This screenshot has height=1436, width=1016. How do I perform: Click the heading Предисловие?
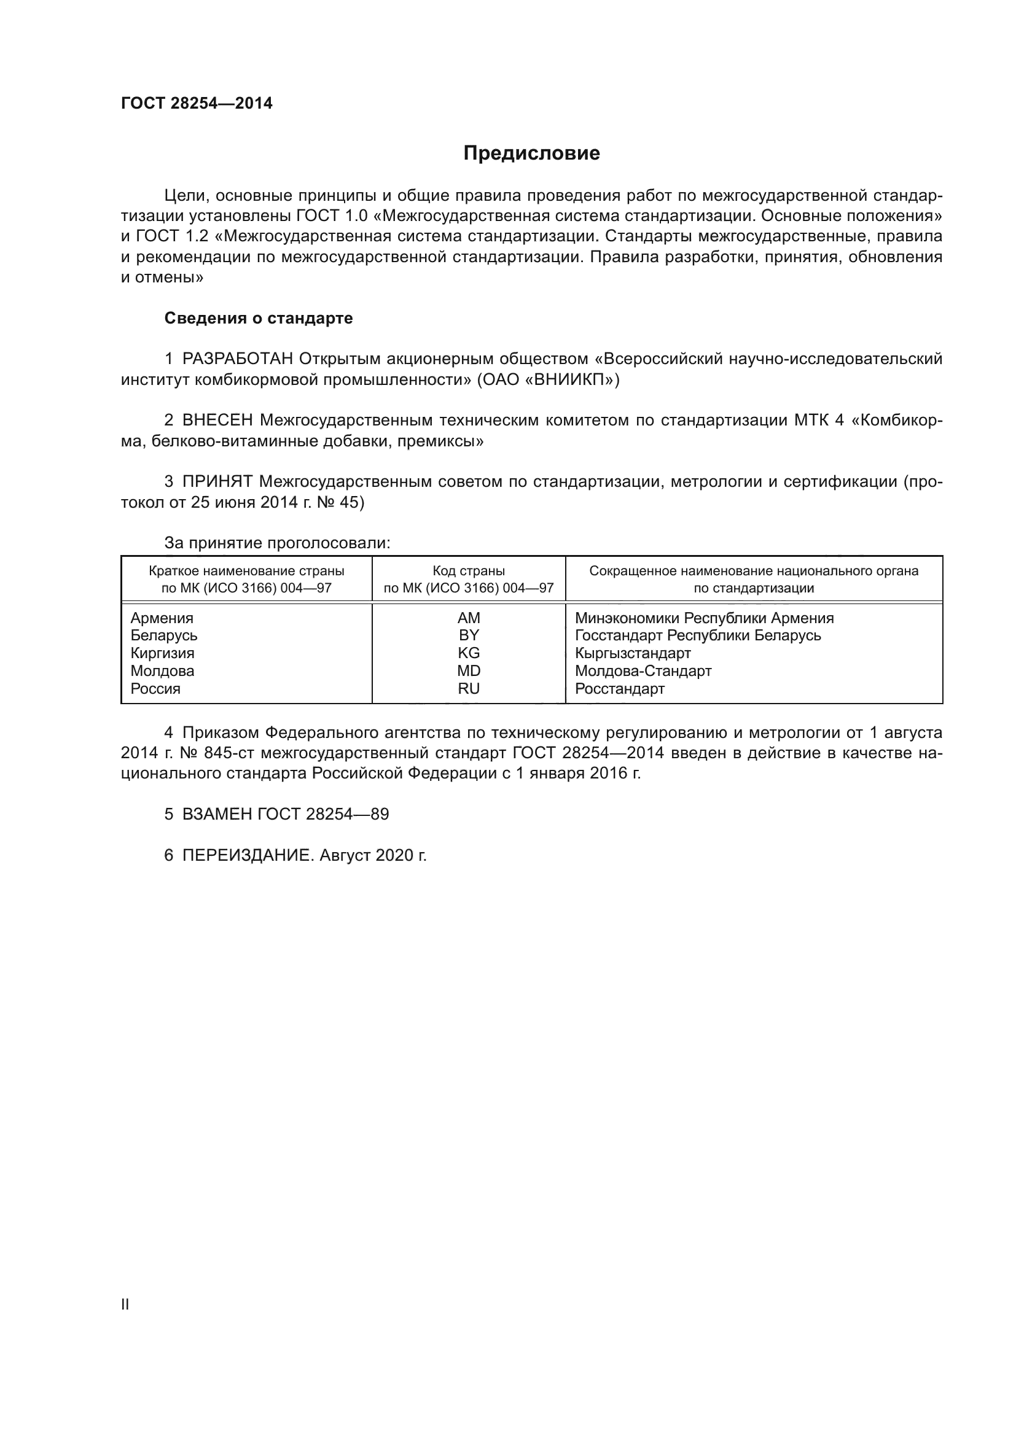coord(531,153)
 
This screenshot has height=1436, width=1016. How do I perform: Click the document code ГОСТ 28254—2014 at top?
coord(197,104)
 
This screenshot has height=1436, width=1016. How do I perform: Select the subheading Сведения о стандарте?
coord(259,319)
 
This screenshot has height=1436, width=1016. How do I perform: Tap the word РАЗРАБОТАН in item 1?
coord(238,359)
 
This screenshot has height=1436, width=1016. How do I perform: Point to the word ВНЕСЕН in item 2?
coord(217,421)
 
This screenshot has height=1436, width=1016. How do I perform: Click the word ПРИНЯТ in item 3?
coord(217,481)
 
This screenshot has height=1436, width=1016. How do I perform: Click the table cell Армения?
coord(162,618)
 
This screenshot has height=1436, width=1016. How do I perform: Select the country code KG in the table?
coord(469,653)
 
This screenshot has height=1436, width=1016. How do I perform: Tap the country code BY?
coord(469,635)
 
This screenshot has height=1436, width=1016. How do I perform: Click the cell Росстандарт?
coord(619,689)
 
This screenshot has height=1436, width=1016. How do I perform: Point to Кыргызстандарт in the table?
coord(633,653)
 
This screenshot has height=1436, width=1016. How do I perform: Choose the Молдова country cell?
coord(163,671)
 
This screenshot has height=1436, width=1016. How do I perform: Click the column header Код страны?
coord(469,571)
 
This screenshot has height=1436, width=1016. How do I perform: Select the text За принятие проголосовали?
coord(277,543)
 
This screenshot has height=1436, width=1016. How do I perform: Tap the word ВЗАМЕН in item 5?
coord(217,814)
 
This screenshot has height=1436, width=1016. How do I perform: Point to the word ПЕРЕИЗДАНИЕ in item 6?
coord(246,856)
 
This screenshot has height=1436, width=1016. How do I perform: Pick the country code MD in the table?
coord(469,671)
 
